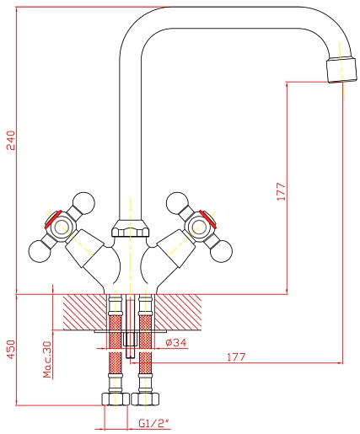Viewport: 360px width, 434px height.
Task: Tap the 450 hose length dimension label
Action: [x=11, y=349]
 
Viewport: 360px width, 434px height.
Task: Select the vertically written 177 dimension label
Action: [x=281, y=191]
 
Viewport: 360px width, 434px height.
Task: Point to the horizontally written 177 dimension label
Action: [x=236, y=356]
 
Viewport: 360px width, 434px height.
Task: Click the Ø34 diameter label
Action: [x=176, y=342]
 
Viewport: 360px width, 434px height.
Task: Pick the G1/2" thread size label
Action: [x=155, y=423]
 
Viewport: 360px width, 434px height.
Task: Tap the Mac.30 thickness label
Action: [x=48, y=359]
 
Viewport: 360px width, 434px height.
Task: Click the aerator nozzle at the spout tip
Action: [x=341, y=69]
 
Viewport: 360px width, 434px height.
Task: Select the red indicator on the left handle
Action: [x=52, y=219]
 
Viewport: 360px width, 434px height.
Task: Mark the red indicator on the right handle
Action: [x=208, y=219]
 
